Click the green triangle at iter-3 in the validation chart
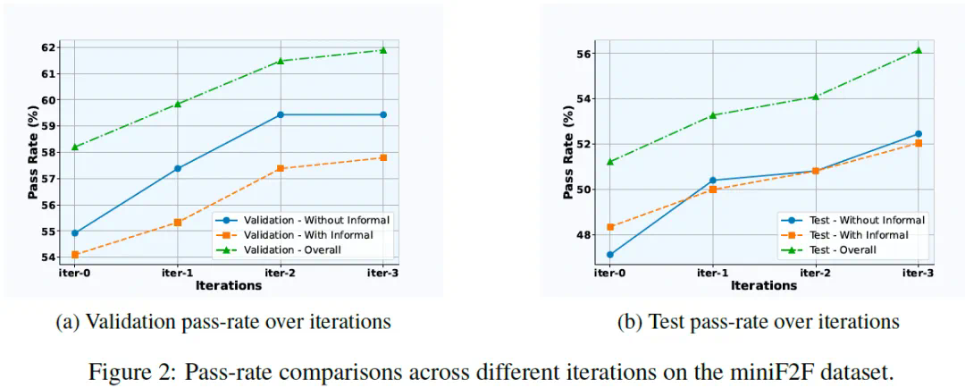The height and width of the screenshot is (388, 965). pos(383,50)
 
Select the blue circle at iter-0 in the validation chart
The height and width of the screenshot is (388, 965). pos(74,232)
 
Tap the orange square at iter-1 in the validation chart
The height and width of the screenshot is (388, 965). pos(177,222)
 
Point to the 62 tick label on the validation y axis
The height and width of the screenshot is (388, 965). pos(49,47)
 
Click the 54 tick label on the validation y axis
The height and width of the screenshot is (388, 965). pos(49,257)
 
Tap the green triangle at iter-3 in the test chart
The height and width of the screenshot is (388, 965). pos(918,50)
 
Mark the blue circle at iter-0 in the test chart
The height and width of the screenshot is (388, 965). pos(609,255)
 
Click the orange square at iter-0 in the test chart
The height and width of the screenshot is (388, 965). pos(609,227)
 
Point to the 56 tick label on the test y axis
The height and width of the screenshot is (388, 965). pos(584,54)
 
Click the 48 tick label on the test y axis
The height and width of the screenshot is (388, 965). pos(584,235)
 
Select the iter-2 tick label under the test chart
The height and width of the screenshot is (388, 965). pos(815,273)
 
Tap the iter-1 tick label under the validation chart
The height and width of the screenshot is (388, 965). pos(177,273)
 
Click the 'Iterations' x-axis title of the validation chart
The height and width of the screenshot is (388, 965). pos(229,286)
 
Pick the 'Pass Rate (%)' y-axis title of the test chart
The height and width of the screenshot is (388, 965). pos(568,151)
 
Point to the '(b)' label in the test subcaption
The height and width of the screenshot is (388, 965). pos(630,322)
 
